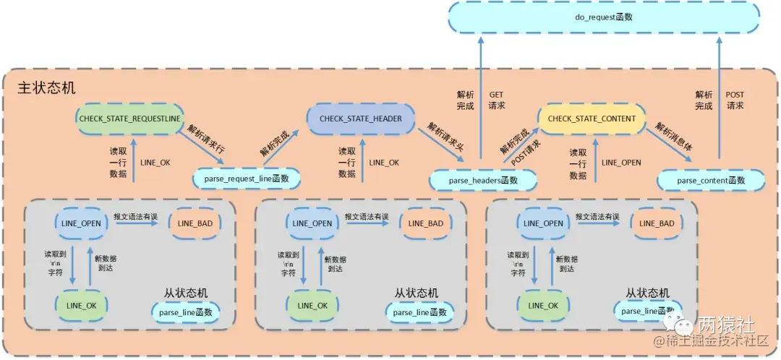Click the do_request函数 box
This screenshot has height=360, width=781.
pyautogui.click(x=605, y=17)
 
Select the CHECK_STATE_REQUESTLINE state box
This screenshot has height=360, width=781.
pyautogui.click(x=129, y=119)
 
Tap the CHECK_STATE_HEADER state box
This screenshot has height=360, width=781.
pyautogui.click(x=361, y=119)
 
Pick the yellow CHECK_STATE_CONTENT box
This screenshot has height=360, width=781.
pyautogui.click(x=592, y=119)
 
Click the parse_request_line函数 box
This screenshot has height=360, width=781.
pyautogui.click(x=247, y=179)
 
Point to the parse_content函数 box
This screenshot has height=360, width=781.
pyautogui.click(x=711, y=179)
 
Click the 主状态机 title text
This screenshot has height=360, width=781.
pyautogui.click(x=46, y=87)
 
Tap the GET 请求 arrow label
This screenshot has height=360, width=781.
pyautogui.click(x=497, y=100)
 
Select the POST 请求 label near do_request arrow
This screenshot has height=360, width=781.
pyautogui.click(x=734, y=100)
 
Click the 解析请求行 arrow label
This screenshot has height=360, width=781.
pyautogui.click(x=207, y=138)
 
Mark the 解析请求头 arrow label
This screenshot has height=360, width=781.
pyautogui.click(x=445, y=137)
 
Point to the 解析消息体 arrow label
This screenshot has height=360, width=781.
pyautogui.click(x=673, y=137)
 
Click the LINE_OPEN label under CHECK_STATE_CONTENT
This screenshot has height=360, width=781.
pyautogui.click(x=621, y=163)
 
